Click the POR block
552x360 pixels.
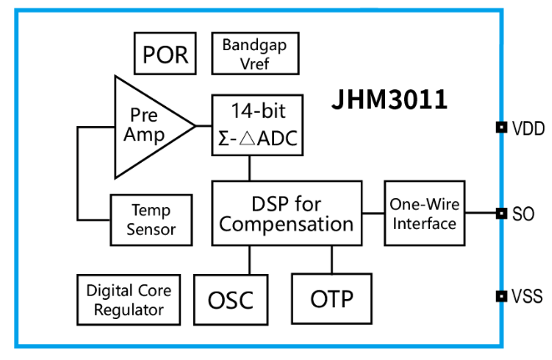tap(165, 54)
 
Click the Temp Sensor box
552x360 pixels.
tap(151, 220)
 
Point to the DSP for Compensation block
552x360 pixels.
tap(286, 213)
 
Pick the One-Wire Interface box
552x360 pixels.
tap(424, 213)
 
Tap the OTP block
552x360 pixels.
tap(331, 298)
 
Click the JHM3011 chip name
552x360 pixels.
tap(389, 100)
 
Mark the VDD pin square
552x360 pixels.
tap(501, 128)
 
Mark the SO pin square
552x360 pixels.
tap(501, 214)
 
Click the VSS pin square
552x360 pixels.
tap(501, 296)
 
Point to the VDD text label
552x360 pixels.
tap(528, 129)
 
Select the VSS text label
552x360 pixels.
tap(528, 297)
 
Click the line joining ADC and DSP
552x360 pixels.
tap(250, 169)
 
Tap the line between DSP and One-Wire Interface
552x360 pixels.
tap(372, 213)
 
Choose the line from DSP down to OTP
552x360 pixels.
tap(331, 259)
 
